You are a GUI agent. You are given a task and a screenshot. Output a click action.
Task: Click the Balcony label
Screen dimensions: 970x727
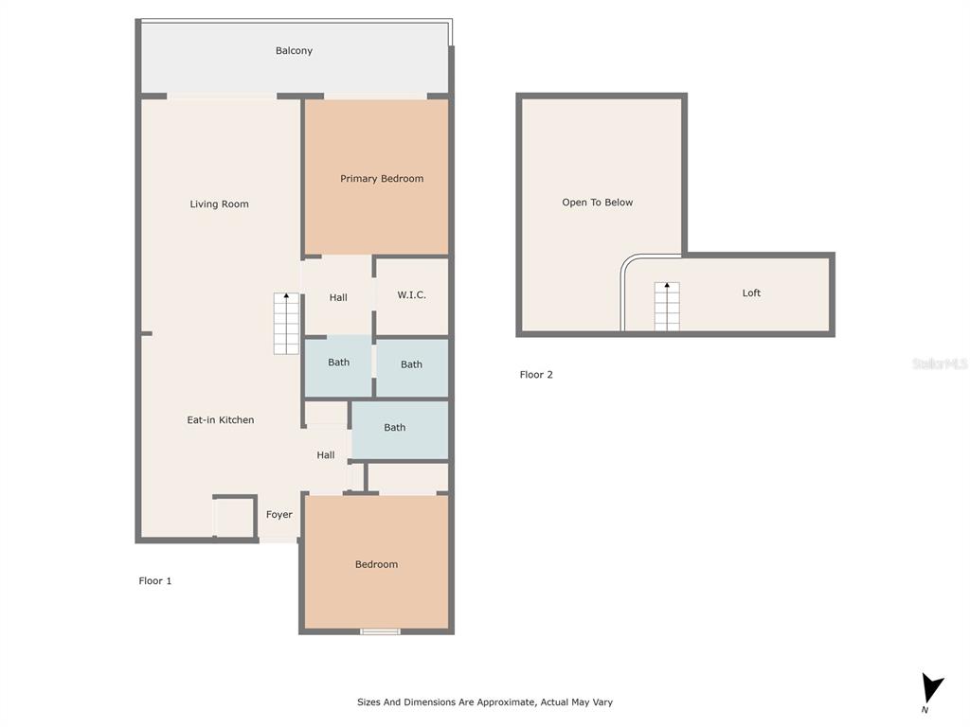294,51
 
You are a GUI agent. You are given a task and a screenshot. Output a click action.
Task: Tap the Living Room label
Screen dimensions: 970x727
219,204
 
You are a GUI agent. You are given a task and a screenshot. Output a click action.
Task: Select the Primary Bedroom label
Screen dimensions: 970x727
382,179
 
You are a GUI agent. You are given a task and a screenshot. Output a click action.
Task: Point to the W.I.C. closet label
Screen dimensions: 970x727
411,295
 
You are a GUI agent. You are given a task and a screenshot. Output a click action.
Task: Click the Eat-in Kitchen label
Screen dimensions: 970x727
220,419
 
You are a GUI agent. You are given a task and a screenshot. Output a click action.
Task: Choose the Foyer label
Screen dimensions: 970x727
279,514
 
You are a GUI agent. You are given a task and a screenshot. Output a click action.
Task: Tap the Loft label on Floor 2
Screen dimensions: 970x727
751,293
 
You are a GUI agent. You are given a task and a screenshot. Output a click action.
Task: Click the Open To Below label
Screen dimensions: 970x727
597,203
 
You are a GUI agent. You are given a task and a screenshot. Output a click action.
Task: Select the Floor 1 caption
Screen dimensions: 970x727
154,580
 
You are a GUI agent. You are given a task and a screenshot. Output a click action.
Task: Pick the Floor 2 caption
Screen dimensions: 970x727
536,375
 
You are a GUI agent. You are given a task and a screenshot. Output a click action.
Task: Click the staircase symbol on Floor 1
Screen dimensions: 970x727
286,324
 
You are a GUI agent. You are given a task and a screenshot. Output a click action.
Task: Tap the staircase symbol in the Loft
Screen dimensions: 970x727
667,307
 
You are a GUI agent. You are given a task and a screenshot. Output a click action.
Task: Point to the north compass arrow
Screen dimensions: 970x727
931,688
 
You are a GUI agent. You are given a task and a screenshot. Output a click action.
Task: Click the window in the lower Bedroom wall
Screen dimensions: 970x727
380,631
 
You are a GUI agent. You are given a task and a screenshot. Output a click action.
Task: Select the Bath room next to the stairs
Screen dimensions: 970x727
338,366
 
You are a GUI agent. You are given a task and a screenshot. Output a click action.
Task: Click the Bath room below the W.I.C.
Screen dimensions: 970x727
412,367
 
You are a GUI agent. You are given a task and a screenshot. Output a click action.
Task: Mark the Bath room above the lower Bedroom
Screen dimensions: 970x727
400,431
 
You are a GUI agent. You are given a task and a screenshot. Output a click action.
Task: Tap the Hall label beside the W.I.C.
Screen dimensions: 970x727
338,297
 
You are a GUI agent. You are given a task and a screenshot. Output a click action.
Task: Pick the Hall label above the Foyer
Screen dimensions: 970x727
326,455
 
